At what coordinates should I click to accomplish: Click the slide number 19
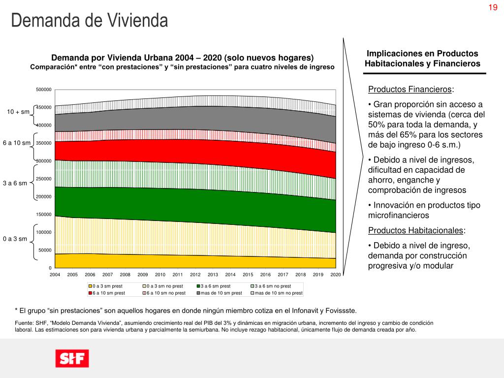point(493,7)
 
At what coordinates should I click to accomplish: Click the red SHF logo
point(72,358)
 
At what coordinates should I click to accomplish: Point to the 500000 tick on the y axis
point(44,90)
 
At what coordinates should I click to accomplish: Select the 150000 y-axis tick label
point(44,215)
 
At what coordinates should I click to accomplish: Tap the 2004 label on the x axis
point(55,274)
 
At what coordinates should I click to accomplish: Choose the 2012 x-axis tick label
point(195,274)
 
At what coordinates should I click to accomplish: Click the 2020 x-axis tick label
point(336,274)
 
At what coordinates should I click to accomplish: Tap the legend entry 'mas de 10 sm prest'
point(221,293)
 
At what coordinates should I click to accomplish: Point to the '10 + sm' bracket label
point(18,112)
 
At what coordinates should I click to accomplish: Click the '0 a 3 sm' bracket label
point(15,239)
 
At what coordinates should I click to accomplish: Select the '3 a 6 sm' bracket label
point(15,183)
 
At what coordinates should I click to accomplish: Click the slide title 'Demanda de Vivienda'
point(90,21)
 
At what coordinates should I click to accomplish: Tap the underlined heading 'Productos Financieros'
point(410,90)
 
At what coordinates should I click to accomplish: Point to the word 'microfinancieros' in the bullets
point(399,216)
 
